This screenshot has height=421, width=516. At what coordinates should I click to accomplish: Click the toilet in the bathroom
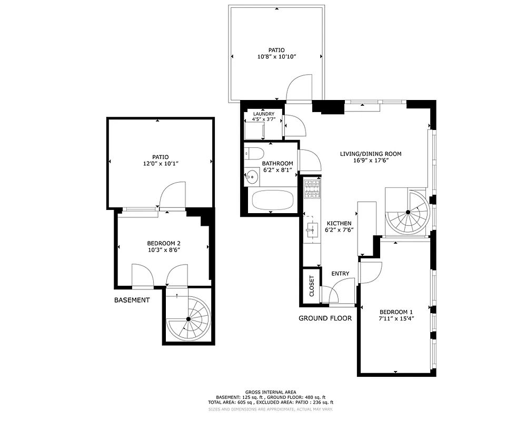[256, 154]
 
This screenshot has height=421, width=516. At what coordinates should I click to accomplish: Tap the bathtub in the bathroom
[272, 201]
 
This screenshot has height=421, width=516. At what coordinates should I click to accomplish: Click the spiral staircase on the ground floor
[407, 213]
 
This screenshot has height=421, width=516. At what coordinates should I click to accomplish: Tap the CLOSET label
[311, 286]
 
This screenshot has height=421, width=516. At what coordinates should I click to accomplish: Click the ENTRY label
[340, 274]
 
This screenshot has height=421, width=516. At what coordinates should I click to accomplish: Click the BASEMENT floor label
[132, 300]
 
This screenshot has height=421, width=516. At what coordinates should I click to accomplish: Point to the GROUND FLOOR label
[325, 318]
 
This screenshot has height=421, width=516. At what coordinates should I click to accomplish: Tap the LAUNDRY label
[264, 114]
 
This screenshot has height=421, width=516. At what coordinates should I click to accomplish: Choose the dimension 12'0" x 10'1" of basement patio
[161, 164]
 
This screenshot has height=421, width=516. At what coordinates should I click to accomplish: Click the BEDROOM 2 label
[164, 243]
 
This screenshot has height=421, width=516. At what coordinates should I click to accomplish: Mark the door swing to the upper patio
[299, 88]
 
